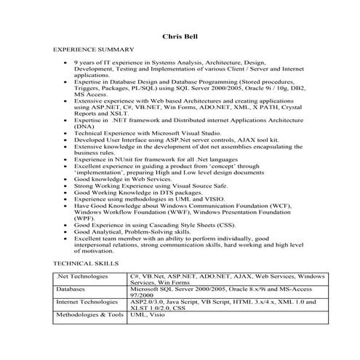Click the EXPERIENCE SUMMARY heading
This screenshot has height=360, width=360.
tap(94, 49)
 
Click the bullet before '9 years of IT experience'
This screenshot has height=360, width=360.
tap(66, 63)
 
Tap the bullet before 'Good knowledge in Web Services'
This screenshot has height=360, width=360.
tap(66, 179)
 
